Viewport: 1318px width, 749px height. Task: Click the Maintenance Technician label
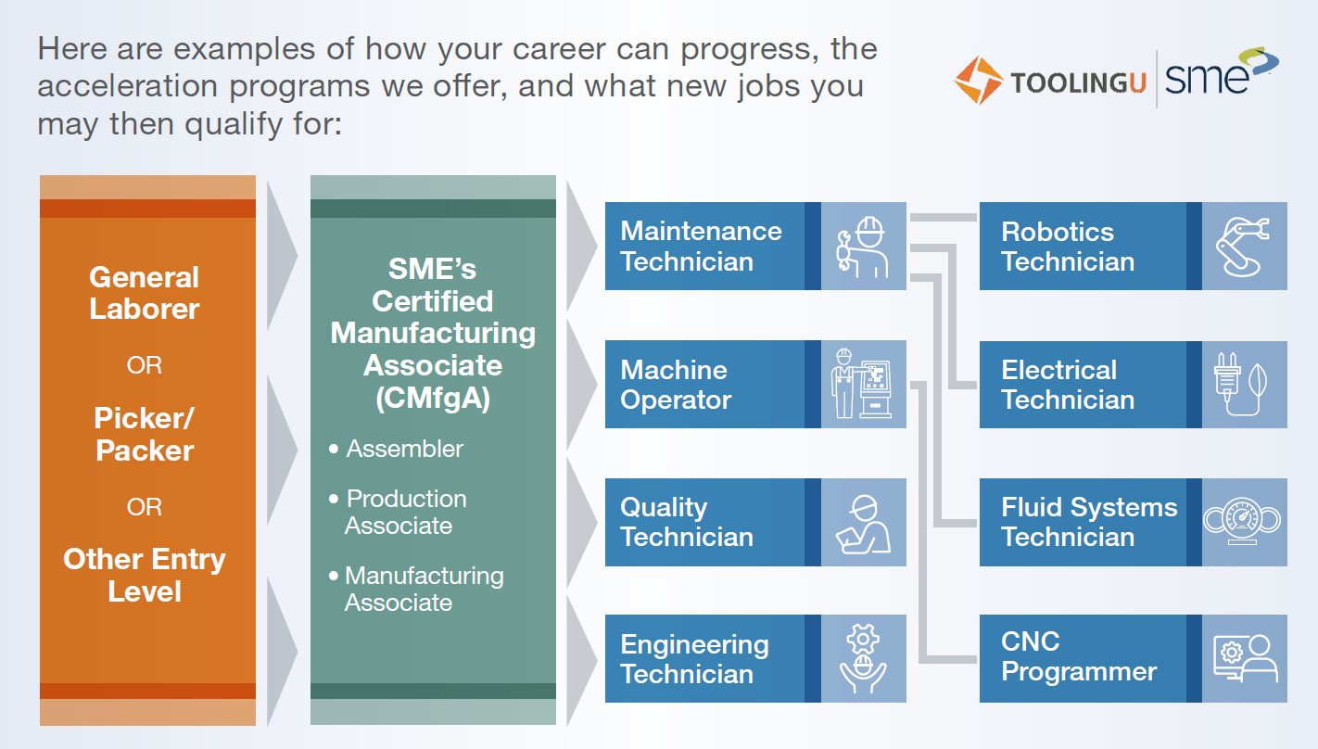pyautogui.click(x=701, y=246)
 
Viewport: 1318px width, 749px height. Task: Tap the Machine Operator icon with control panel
pyautogui.click(x=861, y=383)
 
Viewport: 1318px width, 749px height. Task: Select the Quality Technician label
pyautogui.click(x=687, y=522)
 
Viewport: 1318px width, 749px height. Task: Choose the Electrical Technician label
pyautogui.click(x=1068, y=385)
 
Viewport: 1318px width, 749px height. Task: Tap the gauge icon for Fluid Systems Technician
pyautogui.click(x=1242, y=521)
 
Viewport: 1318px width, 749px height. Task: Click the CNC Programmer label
pyautogui.click(x=1079, y=656)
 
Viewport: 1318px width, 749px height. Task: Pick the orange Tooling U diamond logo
pyautogui.click(x=978, y=80)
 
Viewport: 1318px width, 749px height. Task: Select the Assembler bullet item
pyautogui.click(x=397, y=449)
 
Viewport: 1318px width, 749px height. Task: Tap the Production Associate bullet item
pyautogui.click(x=399, y=512)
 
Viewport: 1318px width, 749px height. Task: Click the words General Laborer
pyautogui.click(x=145, y=293)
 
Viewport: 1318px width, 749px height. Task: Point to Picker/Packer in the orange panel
pyautogui.click(x=145, y=434)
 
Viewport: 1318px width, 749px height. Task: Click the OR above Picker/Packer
pyautogui.click(x=145, y=365)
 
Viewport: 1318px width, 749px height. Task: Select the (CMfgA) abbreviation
pyautogui.click(x=433, y=399)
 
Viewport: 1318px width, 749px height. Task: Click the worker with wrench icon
pyautogui.click(x=863, y=248)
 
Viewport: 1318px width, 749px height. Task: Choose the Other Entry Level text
pyautogui.click(x=145, y=575)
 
